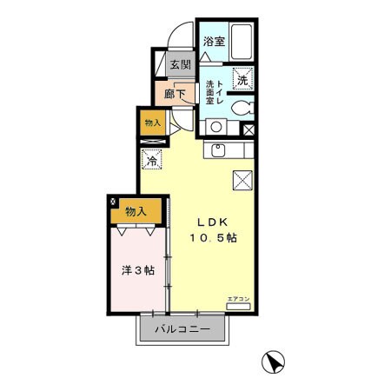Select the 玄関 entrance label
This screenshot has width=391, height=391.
coord(180,64)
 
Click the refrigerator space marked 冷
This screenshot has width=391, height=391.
coord(152,160)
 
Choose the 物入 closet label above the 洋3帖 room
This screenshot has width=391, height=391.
coord(135,211)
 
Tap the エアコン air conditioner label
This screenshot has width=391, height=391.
coord(238,299)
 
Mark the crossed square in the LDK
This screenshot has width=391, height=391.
coord(242,180)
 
